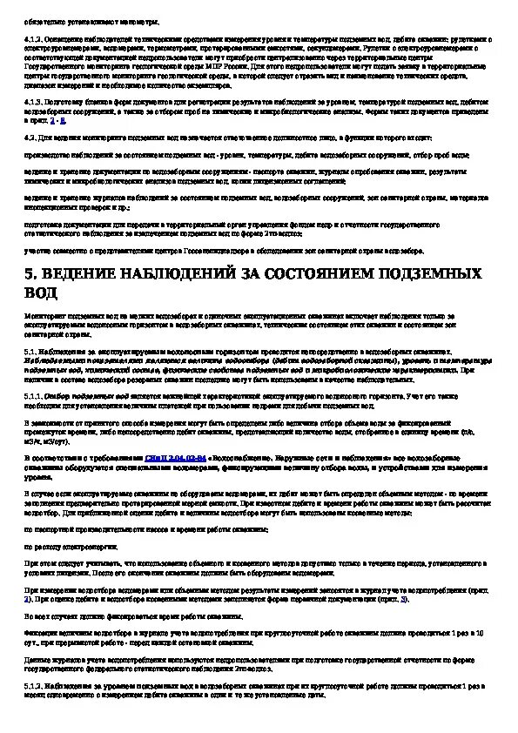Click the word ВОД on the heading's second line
coord(44,293)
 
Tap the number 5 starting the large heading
coord(30,274)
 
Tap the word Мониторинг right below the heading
coord(45,312)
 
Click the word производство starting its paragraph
coord(48,153)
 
